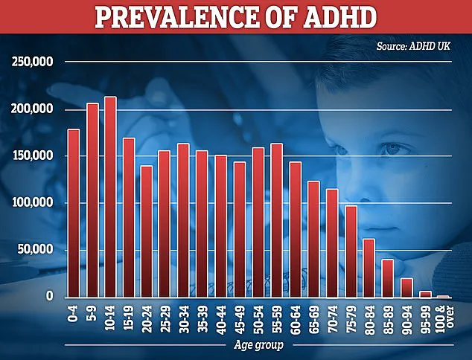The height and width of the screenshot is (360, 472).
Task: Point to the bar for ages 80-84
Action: (x=369, y=268)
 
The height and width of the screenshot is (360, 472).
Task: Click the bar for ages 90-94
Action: (x=406, y=288)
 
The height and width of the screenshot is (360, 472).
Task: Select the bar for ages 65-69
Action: (x=313, y=239)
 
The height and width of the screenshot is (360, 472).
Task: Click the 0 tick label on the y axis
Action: (x=50, y=296)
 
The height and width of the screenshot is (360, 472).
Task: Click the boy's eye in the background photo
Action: (x=392, y=149)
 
